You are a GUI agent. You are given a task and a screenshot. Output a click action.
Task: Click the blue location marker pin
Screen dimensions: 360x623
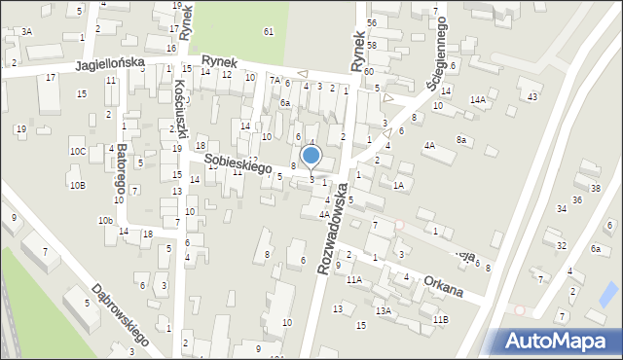pos(311,156)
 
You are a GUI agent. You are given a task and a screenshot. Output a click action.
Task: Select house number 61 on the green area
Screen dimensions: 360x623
pos(268,31)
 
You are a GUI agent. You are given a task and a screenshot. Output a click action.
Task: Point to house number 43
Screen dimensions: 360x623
pos(531,96)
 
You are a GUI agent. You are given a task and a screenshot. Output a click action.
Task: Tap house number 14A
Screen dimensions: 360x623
pos(477,99)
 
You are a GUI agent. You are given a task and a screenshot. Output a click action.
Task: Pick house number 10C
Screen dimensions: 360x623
pos(77,151)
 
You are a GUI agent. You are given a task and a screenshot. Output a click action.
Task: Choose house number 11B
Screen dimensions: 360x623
pos(441,319)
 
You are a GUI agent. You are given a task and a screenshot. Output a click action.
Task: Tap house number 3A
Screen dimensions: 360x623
pos(27,31)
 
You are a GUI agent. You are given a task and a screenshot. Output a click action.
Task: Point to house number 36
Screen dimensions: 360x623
pos(577,200)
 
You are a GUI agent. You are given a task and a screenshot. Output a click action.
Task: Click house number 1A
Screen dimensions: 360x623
pos(398,185)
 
